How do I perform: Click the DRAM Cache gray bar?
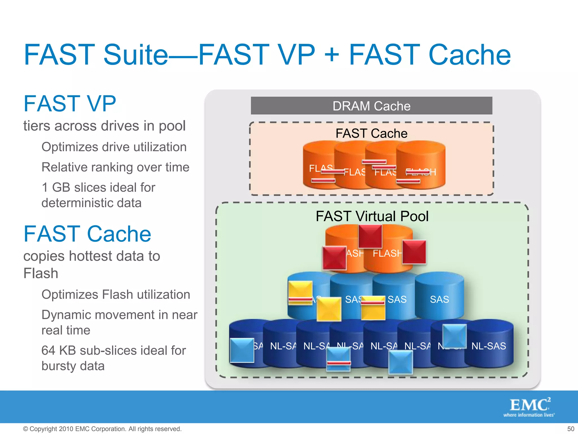pos(371,106)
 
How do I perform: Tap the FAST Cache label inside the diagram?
pos(371,133)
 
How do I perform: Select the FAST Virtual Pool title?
pos(372,216)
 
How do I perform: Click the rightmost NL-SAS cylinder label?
pos(489,346)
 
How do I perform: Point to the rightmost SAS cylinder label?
pos(439,299)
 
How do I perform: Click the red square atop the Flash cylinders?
pos(370,236)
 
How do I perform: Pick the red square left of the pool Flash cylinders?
pos(334,258)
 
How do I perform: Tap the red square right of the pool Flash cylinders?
pos(414,252)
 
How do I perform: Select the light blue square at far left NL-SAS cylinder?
pos(242,350)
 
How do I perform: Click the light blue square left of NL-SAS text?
pos(454,336)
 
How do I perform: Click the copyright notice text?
pos(102,429)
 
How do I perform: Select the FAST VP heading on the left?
pos(70,104)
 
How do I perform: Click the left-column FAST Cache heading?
pos(87,234)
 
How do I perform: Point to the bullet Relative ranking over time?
pos(115,167)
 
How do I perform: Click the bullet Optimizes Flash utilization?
pos(116,294)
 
